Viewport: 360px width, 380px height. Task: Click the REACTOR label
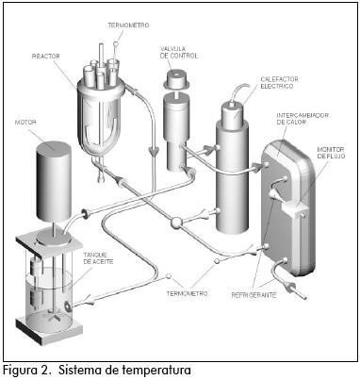pos(46,57)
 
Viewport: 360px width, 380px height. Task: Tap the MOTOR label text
pos(25,123)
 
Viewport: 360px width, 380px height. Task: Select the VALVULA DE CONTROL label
pos(179,53)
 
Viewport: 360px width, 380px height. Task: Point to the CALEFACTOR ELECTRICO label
pos(279,83)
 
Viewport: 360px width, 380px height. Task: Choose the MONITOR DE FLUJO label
pos(331,153)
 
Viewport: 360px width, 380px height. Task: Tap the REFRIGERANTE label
pos(254,295)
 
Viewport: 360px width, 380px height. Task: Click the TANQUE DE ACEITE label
pos(98,258)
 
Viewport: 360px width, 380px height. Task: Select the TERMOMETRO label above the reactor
pos(128,25)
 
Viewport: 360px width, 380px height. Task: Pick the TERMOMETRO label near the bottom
pos(187,294)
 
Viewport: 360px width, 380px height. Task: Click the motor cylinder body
pos(54,182)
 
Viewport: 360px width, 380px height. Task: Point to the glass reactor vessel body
pos(100,116)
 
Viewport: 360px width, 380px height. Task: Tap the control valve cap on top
pos(175,80)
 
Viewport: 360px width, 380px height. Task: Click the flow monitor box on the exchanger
pos(295,209)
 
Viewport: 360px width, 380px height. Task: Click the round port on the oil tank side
pos(68,306)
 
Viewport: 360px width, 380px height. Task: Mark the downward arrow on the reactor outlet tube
pos(154,152)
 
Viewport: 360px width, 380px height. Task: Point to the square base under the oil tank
pos(49,331)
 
